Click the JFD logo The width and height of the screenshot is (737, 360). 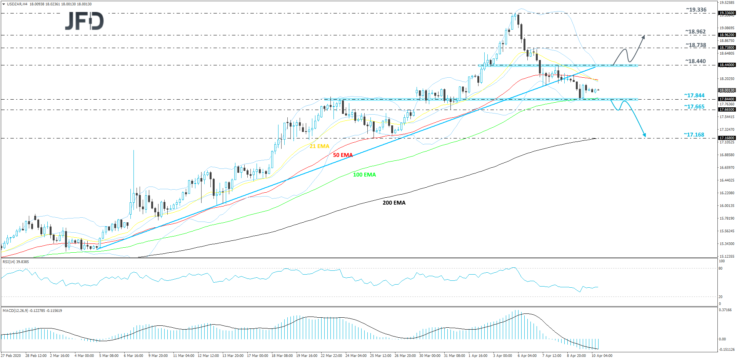click(84, 21)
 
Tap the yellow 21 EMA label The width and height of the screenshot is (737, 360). click(319, 146)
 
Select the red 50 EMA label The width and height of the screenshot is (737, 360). click(343, 155)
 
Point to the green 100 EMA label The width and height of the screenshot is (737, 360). click(364, 175)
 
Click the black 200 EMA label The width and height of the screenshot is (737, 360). click(394, 203)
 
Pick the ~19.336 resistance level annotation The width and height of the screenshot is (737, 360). click(696, 10)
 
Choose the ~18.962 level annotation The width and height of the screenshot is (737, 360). click(695, 32)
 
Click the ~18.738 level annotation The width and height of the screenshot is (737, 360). click(695, 45)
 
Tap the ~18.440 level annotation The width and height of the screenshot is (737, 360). click(695, 62)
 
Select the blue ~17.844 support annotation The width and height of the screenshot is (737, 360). click(694, 95)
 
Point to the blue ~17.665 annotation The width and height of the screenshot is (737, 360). click(694, 107)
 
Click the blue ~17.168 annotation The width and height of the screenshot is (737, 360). click(694, 135)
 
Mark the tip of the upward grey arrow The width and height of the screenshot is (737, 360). click(644, 36)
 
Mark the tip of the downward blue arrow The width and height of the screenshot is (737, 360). click(645, 137)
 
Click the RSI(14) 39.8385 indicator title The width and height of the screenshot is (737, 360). click(16, 262)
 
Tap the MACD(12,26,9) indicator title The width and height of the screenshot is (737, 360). click(32, 311)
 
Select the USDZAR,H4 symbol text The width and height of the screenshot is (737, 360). click(17, 4)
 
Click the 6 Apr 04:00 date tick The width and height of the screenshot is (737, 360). click(527, 356)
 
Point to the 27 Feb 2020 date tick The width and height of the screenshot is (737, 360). click(11, 356)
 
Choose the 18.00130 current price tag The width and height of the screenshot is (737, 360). click(727, 90)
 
